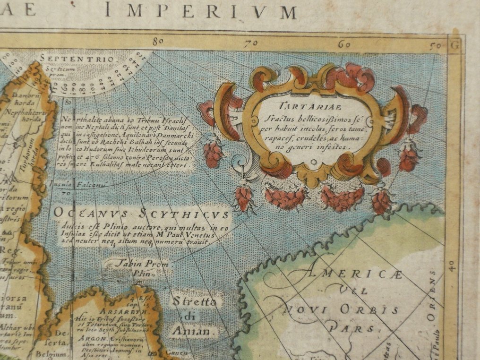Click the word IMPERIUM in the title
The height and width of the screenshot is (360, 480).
tap(200, 10)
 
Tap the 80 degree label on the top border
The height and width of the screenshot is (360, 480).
tap(158, 41)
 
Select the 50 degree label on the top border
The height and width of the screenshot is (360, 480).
tap(435, 46)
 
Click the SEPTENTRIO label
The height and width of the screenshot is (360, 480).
tap(77, 59)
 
